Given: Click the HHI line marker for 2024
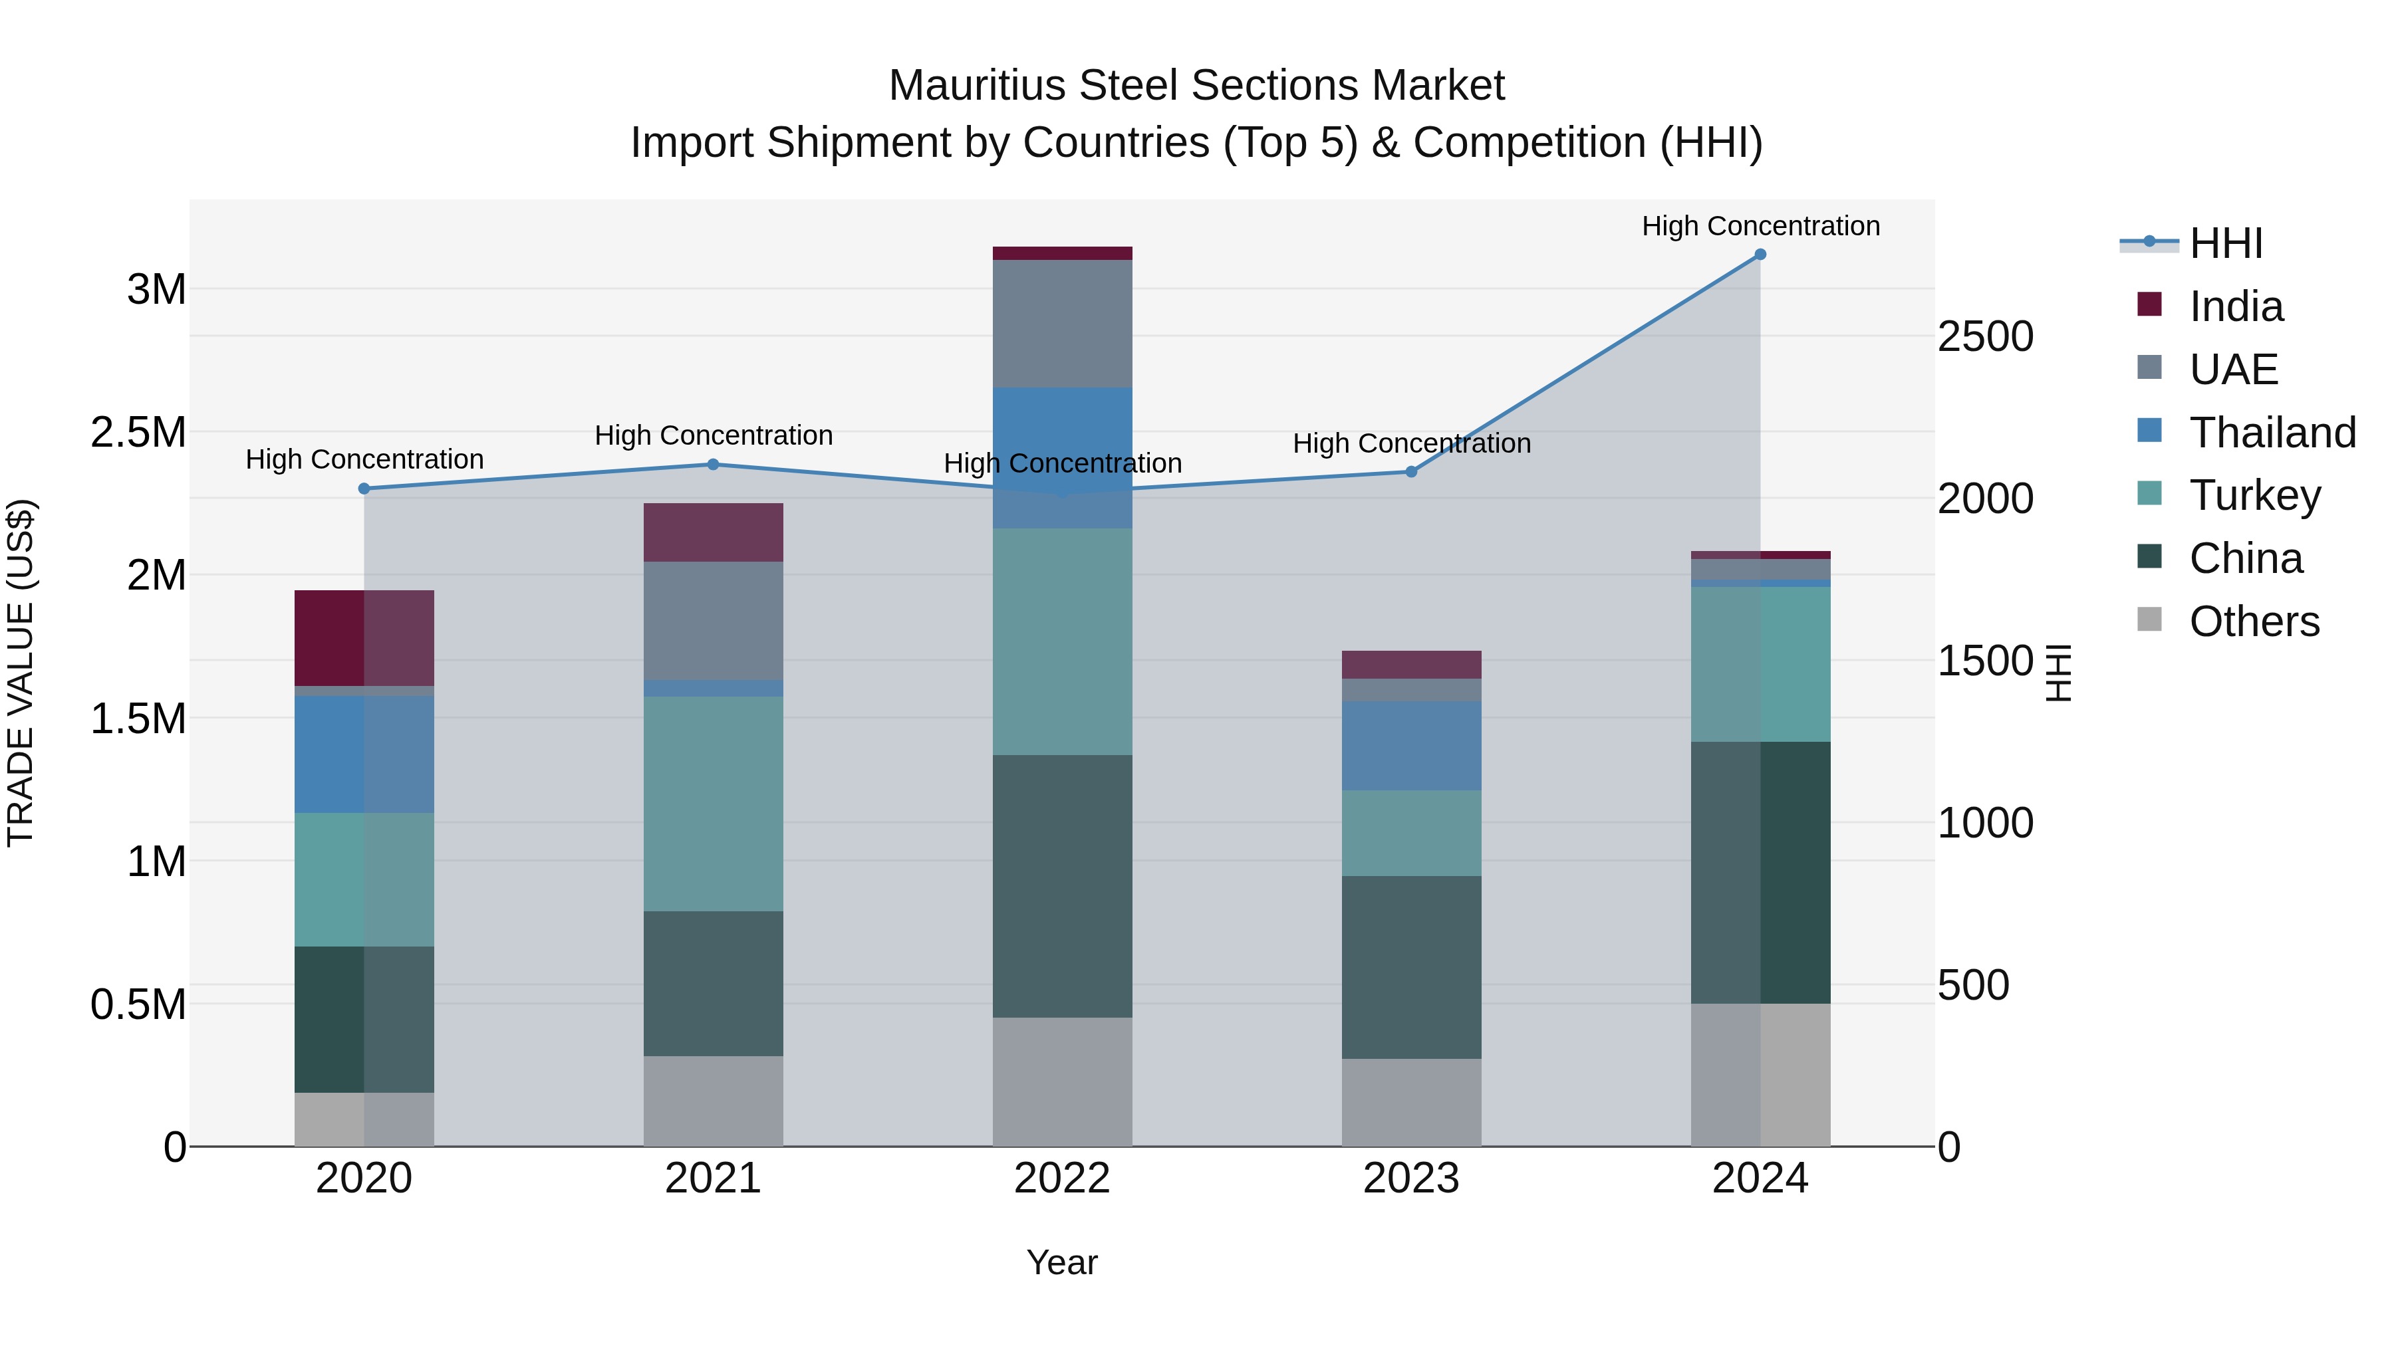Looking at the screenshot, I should (x=1760, y=255).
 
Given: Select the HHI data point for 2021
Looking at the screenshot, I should (x=713, y=465).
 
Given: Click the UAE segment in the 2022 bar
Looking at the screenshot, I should (x=1062, y=323).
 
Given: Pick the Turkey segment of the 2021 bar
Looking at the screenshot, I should (x=713, y=804).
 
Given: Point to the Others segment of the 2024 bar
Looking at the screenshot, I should (x=1760, y=1075).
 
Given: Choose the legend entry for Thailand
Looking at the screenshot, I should (x=2272, y=433).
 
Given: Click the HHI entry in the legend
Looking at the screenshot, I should (x=2225, y=243).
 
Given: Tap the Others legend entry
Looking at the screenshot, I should (x=2253, y=621).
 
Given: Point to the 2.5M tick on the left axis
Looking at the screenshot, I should (x=138, y=433).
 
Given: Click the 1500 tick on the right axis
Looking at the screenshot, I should (x=1985, y=661).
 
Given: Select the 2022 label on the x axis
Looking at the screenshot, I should (x=1062, y=1178).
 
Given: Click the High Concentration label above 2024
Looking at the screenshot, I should (x=1760, y=226).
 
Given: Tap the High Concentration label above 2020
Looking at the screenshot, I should (x=364, y=459).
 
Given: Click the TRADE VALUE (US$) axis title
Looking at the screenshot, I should (x=21, y=673).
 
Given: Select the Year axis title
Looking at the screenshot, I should (x=1062, y=1262).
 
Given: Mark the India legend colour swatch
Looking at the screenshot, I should (x=2149, y=304).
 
